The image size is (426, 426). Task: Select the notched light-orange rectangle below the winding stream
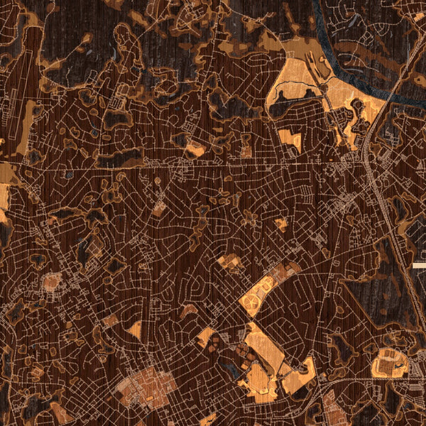click(x=289, y=138)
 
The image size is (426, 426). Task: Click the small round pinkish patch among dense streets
click(x=51, y=283)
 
